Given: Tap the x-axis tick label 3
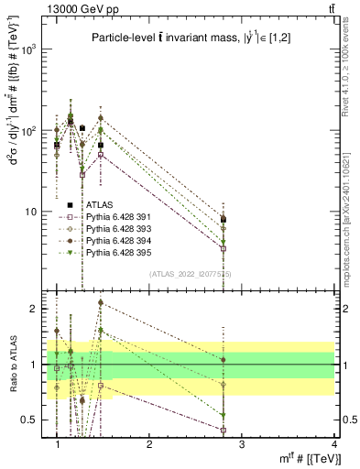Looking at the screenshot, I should click(241, 443).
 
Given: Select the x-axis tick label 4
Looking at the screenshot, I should click(333, 443).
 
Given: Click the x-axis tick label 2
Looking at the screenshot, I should click(149, 443).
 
